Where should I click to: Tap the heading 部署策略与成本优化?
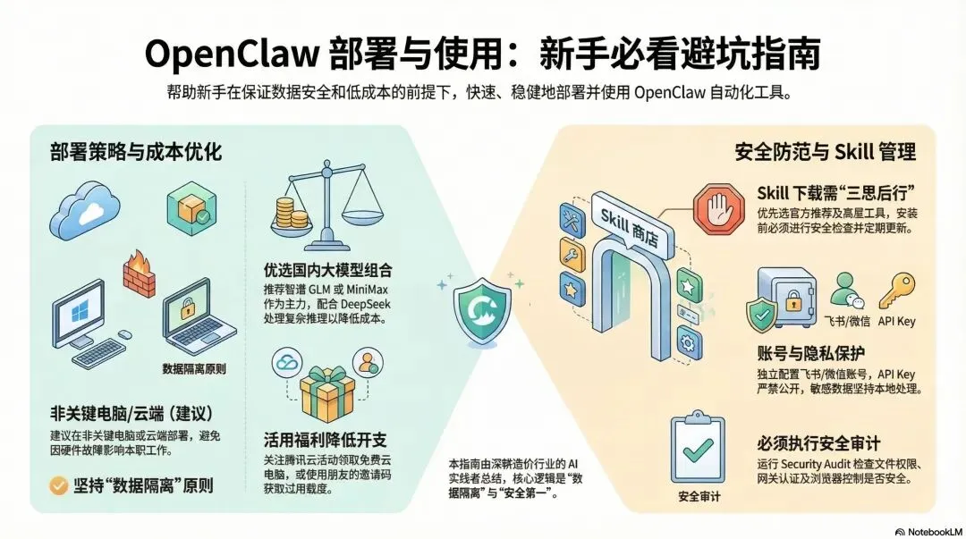(135, 152)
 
